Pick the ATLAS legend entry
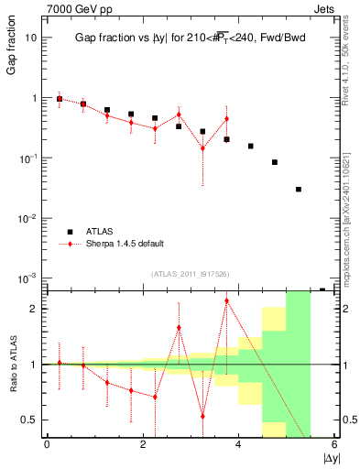pyautogui.click(x=99, y=232)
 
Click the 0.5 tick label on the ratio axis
pyautogui.click(x=29, y=420)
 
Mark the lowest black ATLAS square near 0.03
pyautogui.click(x=299, y=190)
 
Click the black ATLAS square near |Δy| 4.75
pyautogui.click(x=275, y=162)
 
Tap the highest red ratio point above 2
pyautogui.click(x=226, y=300)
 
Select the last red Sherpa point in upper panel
pyautogui.click(x=226, y=119)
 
